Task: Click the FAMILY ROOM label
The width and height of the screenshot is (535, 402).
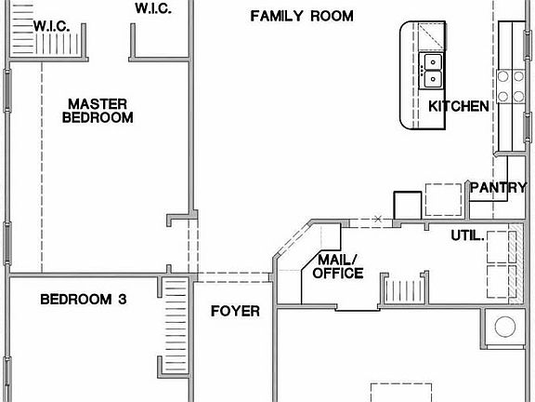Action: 302,16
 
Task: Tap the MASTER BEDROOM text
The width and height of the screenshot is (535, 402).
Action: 98,111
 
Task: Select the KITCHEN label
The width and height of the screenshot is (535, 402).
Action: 459,106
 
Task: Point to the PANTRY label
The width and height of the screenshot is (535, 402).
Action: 498,187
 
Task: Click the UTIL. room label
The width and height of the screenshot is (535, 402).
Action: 467,235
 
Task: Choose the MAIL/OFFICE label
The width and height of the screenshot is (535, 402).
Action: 338,266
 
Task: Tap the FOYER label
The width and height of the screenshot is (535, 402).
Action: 235,311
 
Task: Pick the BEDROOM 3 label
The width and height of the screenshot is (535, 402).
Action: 84,300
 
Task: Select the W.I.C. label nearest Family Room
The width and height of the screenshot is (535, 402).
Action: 152,8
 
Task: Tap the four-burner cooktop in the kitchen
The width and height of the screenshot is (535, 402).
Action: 509,86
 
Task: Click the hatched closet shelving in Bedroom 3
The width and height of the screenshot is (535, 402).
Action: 176,326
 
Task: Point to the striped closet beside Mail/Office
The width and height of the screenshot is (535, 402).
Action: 402,291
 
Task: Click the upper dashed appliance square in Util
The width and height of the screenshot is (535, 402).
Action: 500,247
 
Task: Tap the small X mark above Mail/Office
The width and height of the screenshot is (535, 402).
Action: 376,220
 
